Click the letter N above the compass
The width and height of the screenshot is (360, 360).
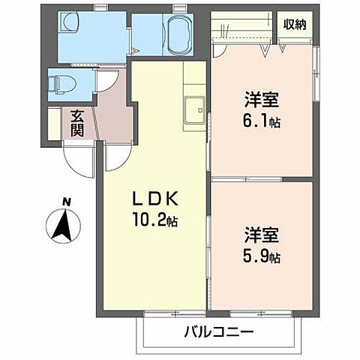pos(66,202)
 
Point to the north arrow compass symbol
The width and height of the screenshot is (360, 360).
pos(65,225)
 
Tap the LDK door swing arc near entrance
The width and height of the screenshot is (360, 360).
pos(115,157)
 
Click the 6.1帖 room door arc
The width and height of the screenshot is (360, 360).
pos(219,49)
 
